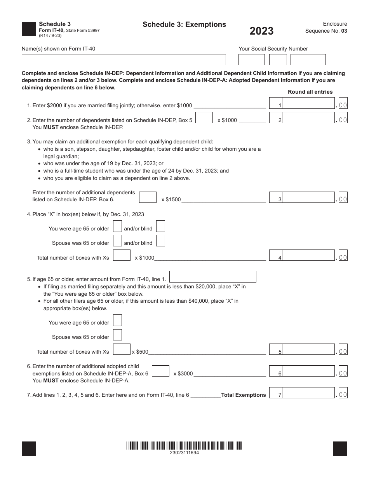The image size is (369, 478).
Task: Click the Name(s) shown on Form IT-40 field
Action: point(124,59)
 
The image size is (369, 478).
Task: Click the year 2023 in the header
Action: point(261,31)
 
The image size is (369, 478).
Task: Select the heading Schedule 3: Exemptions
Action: point(184,24)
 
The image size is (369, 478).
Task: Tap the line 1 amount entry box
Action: point(308,105)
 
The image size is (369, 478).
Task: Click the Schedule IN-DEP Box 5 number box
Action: point(204,118)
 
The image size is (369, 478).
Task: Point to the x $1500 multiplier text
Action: point(171,200)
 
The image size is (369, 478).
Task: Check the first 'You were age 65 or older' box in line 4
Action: point(117,226)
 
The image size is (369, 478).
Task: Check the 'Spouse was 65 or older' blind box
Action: point(160,241)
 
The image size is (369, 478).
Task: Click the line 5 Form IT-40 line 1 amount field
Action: point(213,277)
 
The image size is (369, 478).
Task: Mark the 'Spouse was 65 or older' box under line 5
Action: point(117,335)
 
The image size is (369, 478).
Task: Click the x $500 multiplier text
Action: point(140,352)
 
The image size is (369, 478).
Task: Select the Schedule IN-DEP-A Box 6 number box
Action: point(160,371)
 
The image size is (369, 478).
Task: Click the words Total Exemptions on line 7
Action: point(244,395)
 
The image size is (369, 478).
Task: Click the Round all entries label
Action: point(310,92)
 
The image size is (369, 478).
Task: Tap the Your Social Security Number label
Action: point(273,49)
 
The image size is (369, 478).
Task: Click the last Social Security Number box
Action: point(308,59)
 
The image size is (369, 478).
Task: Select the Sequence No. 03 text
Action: point(326,31)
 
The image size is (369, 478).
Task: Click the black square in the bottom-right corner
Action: point(340,449)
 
